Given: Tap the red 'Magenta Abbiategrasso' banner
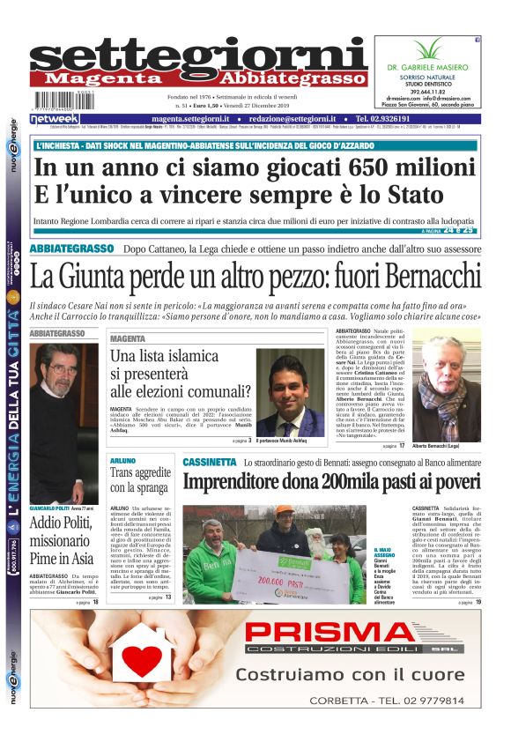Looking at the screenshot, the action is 198,78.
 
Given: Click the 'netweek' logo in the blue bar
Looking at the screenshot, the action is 55,119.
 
